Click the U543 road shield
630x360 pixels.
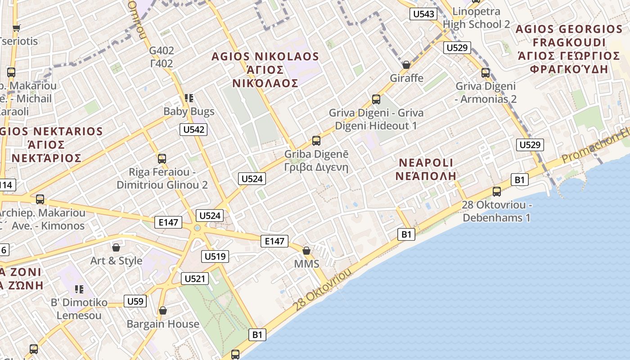(x=423, y=14)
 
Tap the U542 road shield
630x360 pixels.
(x=194, y=130)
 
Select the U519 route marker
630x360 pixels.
(x=216, y=256)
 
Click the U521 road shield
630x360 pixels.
(x=195, y=279)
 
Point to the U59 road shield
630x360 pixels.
(x=135, y=301)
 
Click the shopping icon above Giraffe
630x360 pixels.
(x=406, y=65)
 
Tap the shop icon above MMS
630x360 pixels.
(x=306, y=251)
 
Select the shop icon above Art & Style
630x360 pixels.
(x=116, y=247)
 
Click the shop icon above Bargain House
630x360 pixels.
(x=163, y=310)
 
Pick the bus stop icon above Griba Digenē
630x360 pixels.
(x=316, y=141)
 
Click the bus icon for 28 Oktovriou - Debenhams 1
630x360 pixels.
(x=497, y=192)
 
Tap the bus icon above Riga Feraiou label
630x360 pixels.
(x=162, y=158)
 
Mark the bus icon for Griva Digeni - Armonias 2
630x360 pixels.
(x=486, y=72)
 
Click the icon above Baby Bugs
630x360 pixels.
(x=189, y=98)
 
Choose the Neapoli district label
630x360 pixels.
(x=426, y=169)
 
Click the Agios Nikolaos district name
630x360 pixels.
(x=265, y=70)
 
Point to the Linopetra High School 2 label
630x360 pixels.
(x=481, y=18)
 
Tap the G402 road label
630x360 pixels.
(x=162, y=57)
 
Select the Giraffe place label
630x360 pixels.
(x=406, y=78)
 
